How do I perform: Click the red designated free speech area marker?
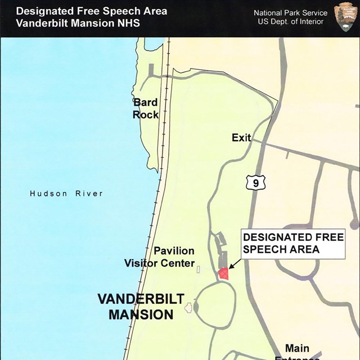[223, 273]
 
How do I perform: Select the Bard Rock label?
[145, 109]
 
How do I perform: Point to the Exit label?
[241, 138]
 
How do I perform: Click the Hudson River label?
[66, 193]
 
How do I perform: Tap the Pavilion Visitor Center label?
[160, 257]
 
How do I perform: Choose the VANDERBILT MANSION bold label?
[141, 307]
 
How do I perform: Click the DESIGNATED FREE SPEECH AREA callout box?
[292, 244]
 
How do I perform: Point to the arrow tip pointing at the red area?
[229, 267]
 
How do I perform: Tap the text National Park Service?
[290, 13]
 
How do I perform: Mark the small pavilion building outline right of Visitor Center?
[198, 269]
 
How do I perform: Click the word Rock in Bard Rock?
[145, 115]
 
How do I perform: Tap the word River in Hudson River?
[89, 193]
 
